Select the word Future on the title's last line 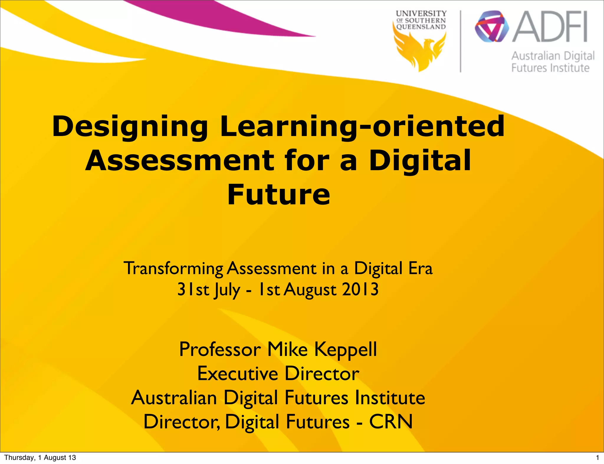279,195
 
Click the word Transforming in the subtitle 174,269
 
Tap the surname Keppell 345,349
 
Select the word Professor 220,349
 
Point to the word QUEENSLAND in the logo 421,27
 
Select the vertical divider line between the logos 461,41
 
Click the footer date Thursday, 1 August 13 40,458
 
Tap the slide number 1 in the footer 598,458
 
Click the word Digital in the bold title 420,161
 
